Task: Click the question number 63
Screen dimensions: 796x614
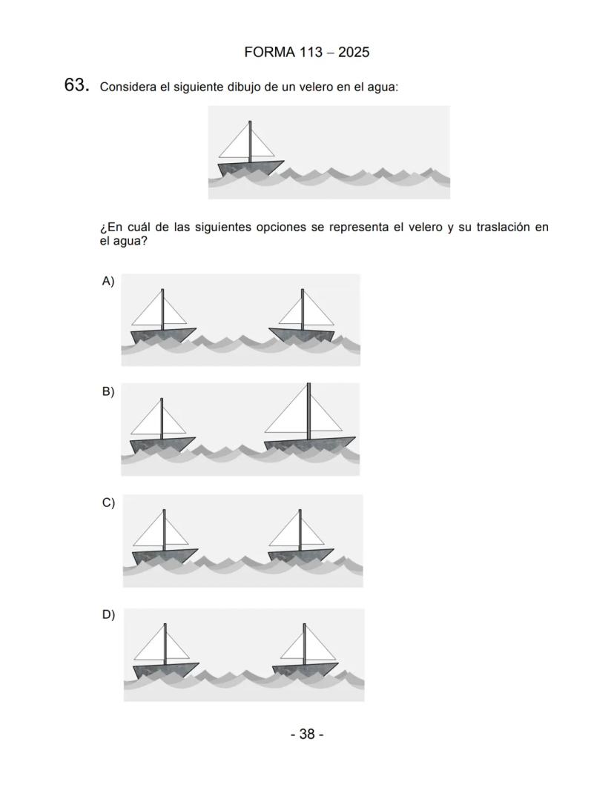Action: point(76,86)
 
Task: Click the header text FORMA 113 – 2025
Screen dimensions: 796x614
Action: point(306,53)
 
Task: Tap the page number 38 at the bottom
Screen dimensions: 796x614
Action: point(306,734)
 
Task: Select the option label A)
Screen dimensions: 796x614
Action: point(108,281)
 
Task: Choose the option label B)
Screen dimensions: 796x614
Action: point(108,391)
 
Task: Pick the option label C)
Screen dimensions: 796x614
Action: point(108,503)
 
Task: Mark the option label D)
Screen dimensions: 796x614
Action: point(108,614)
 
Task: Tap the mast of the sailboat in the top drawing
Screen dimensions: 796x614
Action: point(251,141)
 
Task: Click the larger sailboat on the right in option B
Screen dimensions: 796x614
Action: point(308,422)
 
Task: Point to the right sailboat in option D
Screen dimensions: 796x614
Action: point(305,652)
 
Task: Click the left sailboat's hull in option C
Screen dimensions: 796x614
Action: point(164,556)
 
